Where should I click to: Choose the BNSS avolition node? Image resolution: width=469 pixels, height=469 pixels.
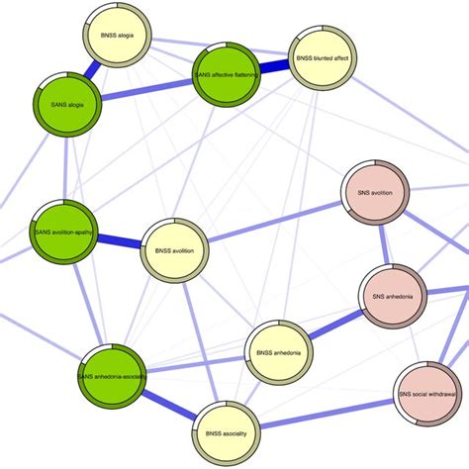(x=175, y=251)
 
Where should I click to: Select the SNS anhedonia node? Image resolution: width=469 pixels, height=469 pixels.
(x=393, y=296)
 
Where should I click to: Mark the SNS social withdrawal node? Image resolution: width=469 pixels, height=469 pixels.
(x=426, y=395)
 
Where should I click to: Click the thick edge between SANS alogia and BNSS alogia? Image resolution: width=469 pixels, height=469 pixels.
(x=96, y=68)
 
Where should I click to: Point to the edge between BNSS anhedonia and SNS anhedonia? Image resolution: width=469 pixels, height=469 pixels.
(x=334, y=324)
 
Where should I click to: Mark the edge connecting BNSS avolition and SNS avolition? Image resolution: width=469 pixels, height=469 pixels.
(x=274, y=224)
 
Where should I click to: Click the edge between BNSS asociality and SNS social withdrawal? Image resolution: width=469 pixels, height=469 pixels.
(x=327, y=413)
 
